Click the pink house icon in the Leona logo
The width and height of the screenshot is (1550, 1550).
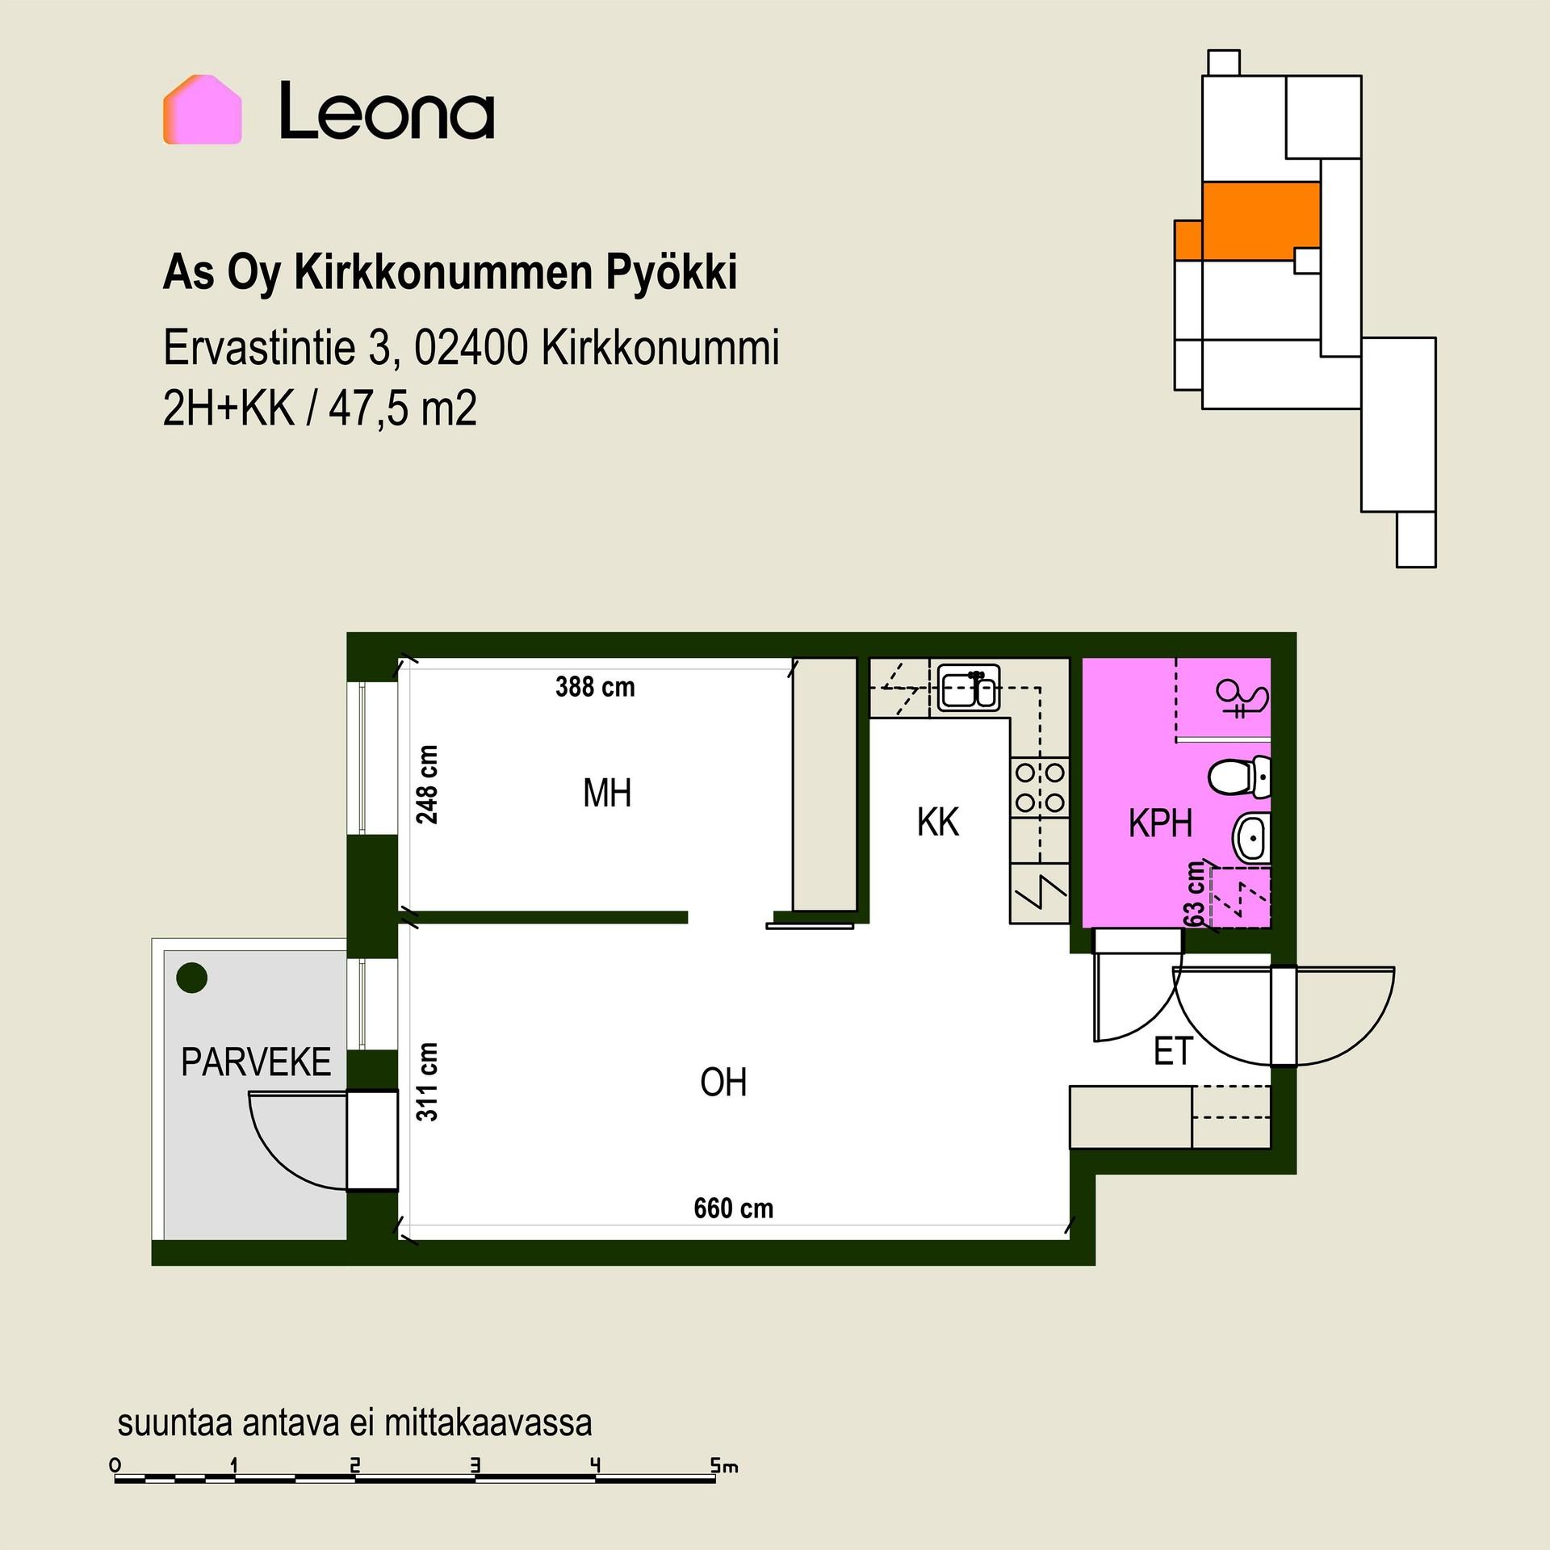click(x=203, y=110)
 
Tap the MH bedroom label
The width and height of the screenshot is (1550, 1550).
click(x=607, y=793)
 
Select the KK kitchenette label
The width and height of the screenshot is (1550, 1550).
click(x=937, y=822)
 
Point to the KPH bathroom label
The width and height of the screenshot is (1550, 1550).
click(x=1160, y=823)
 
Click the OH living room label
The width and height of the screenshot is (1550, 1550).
click(x=723, y=1083)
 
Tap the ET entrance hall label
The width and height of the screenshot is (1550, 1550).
click(x=1173, y=1051)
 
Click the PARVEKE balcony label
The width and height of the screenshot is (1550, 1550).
click(x=256, y=1062)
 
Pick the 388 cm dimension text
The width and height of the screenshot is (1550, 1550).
click(x=595, y=687)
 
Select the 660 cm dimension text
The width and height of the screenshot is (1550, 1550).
click(x=733, y=1209)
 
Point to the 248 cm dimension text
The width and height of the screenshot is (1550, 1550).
click(x=427, y=784)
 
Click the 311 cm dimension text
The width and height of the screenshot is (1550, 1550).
click(x=427, y=1082)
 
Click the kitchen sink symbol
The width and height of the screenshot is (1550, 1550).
click(x=969, y=688)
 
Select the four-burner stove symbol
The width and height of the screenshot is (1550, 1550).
click(x=1040, y=788)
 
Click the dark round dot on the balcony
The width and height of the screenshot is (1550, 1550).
click(x=192, y=978)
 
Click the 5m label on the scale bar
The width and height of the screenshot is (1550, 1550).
click(x=724, y=1465)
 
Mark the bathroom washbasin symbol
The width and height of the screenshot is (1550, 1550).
click(x=1251, y=838)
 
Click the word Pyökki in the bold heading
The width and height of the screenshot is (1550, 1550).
click(x=672, y=274)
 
